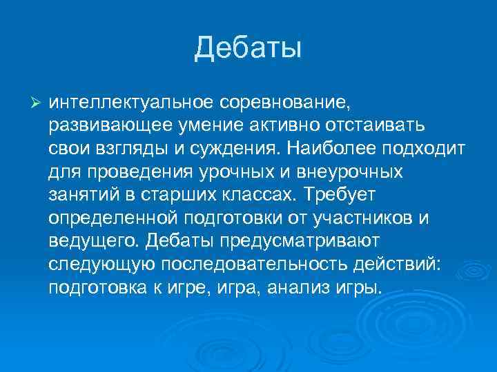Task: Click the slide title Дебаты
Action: point(248,48)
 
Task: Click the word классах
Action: point(258,196)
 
